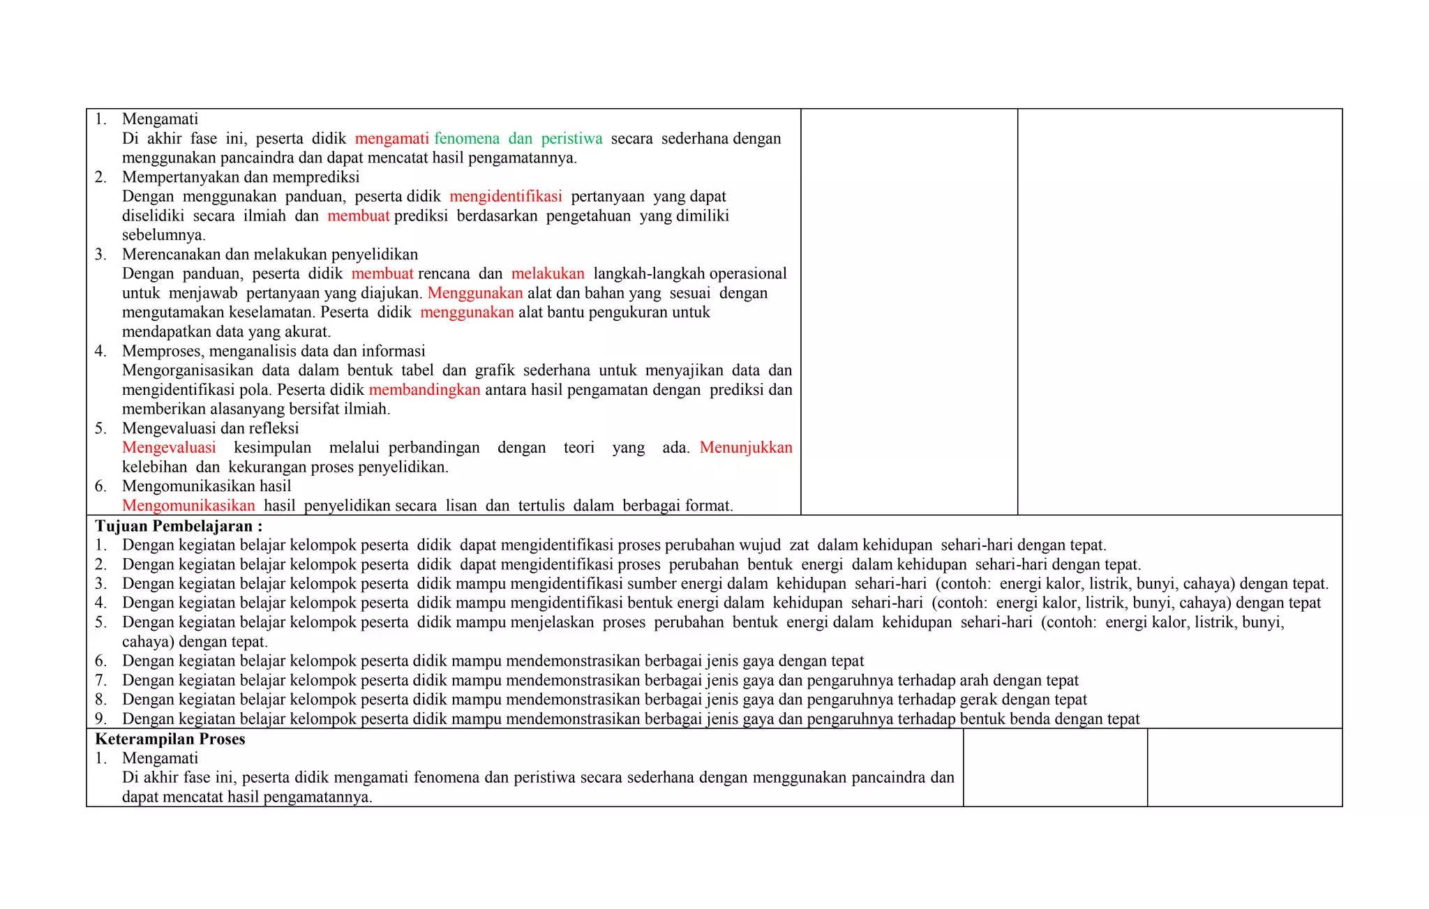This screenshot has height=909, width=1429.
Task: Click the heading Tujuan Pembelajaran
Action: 178,526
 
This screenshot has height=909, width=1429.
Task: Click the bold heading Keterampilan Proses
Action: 170,739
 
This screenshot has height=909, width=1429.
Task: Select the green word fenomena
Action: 467,138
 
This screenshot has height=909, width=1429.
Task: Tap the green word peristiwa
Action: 571,138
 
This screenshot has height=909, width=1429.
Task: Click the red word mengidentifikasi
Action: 506,196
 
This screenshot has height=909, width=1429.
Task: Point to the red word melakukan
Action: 548,273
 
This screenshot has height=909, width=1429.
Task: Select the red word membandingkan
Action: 424,389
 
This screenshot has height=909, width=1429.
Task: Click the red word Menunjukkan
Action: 746,447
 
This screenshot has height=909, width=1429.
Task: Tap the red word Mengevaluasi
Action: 169,447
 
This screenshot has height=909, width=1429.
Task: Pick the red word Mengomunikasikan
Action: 188,505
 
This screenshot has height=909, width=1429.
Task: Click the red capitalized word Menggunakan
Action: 475,293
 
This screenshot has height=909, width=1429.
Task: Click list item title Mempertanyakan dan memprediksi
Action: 241,176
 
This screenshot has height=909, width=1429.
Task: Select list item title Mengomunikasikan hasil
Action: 207,486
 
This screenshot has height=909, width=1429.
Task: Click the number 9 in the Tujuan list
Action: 100,719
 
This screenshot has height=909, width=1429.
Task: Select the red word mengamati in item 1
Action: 391,138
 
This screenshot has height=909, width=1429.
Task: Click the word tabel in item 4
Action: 417,370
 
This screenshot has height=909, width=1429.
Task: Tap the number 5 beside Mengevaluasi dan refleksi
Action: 100,428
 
